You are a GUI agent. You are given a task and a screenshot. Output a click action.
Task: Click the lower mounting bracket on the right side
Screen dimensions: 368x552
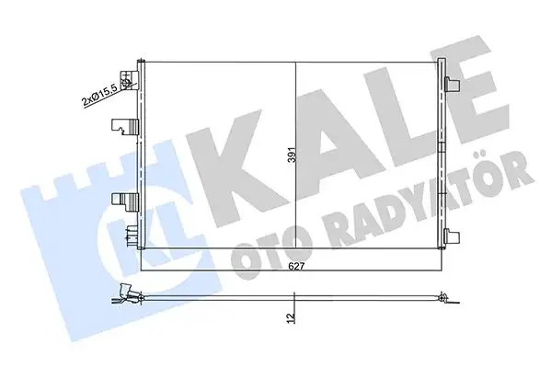pyautogui.click(x=452, y=234)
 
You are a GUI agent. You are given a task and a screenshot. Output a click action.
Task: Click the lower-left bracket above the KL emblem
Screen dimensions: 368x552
pyautogui.click(x=121, y=200)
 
